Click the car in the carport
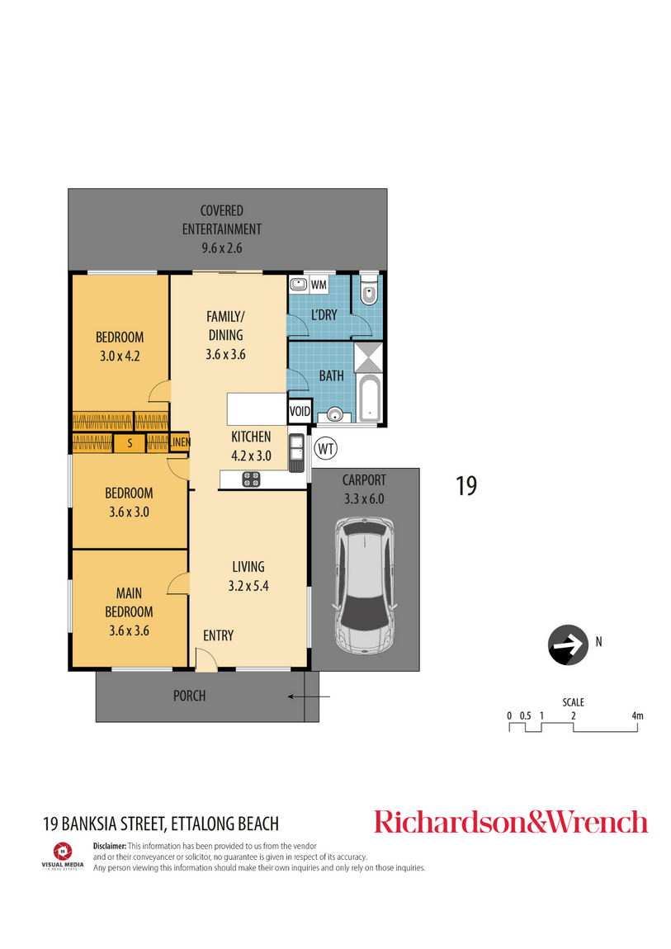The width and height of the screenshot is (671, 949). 364,586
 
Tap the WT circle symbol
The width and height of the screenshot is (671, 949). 325,449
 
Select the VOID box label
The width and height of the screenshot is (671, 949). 300,412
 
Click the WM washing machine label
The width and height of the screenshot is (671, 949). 319,285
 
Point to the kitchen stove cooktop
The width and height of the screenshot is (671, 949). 251,479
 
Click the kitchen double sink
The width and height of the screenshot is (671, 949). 296,452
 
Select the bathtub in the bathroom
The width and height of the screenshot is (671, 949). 368,399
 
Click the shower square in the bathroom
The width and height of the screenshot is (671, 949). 368,357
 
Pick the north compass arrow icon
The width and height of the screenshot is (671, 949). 568,644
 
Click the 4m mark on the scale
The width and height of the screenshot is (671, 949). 637,715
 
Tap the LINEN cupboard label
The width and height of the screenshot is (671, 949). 180,442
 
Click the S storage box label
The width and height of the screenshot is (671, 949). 130,444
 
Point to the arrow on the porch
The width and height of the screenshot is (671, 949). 309,696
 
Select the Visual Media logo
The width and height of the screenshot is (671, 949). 63,856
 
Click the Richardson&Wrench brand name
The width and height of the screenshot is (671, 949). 511,821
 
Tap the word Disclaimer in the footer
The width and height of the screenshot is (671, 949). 110,846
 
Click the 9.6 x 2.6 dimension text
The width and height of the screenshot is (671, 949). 221,248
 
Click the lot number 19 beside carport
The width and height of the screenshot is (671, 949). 466,486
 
